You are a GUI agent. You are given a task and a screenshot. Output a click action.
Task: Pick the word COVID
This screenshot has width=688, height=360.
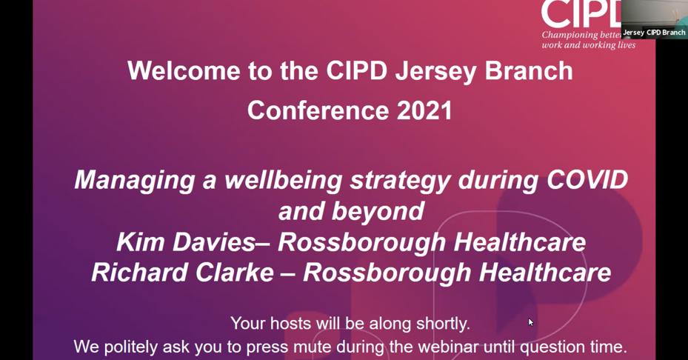(x=587, y=180)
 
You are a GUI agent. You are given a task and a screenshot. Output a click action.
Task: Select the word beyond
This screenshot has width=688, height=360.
(x=382, y=211)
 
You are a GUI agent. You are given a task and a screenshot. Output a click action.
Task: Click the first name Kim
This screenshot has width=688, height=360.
(x=141, y=242)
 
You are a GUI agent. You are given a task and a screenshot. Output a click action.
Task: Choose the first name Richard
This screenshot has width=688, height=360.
(x=136, y=273)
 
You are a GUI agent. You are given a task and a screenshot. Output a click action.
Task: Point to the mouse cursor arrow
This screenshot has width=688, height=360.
(x=530, y=321)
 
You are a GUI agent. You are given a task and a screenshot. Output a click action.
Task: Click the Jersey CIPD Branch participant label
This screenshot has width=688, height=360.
(x=654, y=33)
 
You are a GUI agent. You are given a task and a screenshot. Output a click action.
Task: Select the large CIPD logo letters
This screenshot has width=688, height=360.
(x=581, y=14)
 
